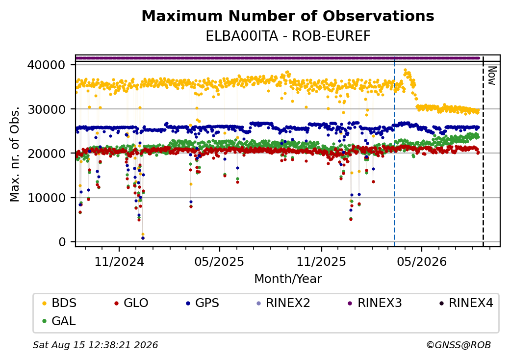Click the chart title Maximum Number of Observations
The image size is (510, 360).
coord(288,16)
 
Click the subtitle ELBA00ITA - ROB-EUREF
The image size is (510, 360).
coord(288,36)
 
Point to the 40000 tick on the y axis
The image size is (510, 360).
coord(47,65)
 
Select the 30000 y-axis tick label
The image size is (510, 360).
coord(47,109)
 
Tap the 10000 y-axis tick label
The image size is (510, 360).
coord(47,198)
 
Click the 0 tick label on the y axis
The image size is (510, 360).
coord(62,242)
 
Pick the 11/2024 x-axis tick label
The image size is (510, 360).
coord(119,262)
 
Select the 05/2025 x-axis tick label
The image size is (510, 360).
coord(220,262)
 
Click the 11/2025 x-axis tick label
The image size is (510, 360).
coord(321,262)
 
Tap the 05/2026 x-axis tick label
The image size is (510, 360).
coord(422,262)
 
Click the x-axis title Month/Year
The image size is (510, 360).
coord(288,279)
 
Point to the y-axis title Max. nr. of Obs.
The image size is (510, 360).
coord(15,154)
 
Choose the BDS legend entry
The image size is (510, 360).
coord(59,303)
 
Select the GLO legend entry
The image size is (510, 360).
coord(131,303)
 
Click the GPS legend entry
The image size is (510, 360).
coord(203,303)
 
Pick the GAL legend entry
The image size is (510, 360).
coord(59,321)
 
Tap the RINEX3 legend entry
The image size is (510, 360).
coord(375,303)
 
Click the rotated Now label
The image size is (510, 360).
coord(492,76)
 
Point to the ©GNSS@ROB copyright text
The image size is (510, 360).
coord(459,345)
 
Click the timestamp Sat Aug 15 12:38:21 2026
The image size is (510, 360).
coord(95,345)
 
